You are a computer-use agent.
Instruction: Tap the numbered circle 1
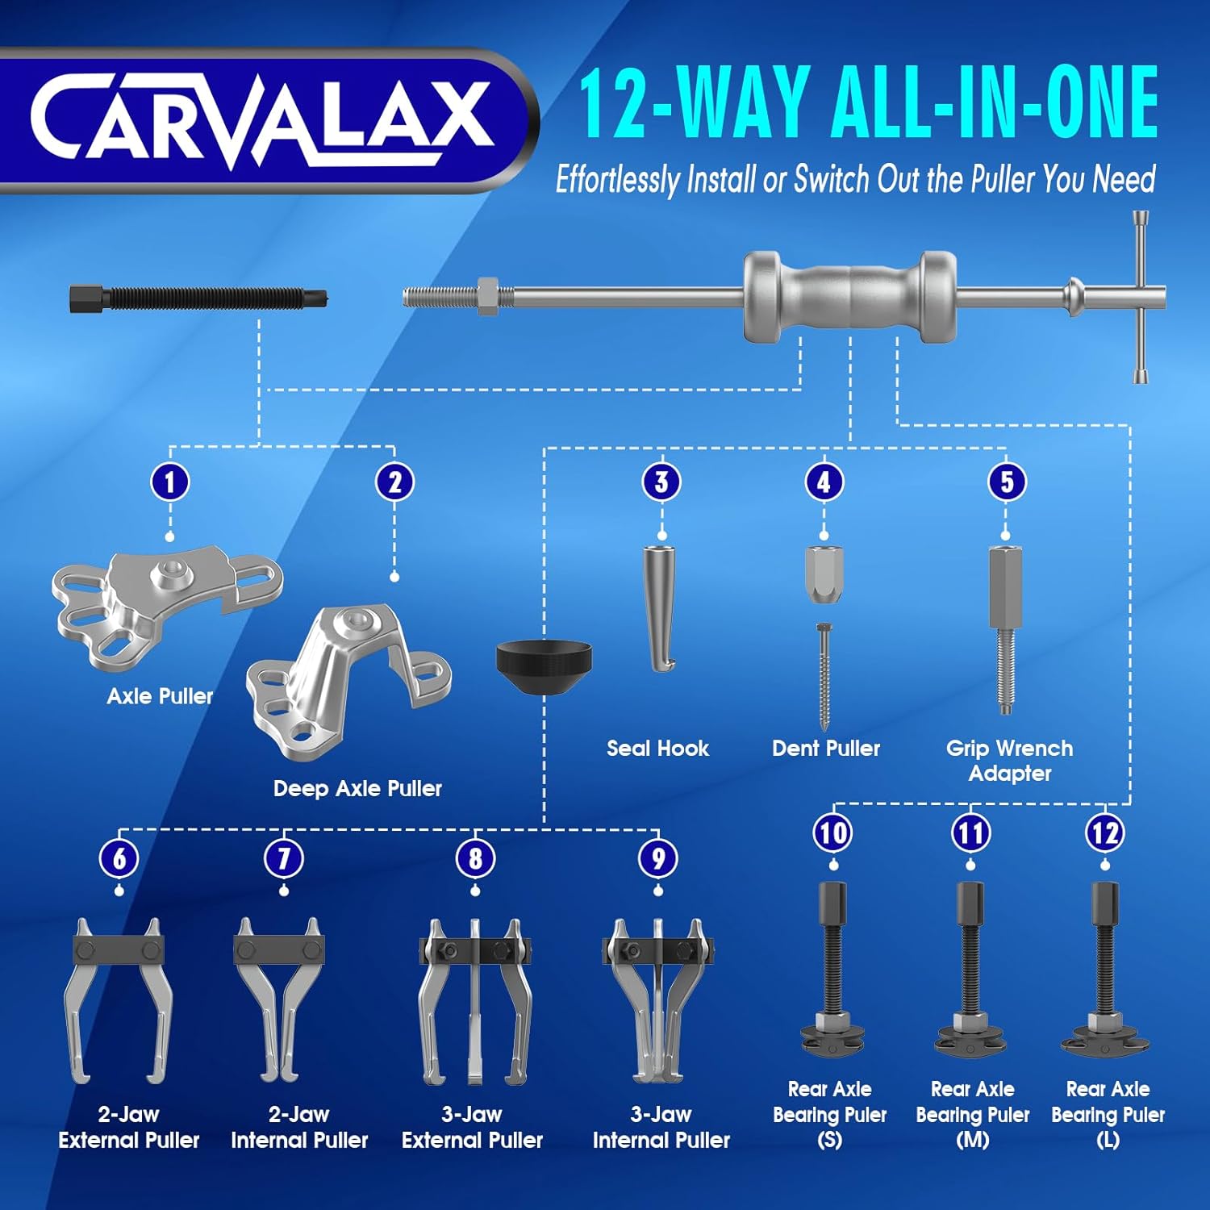click(169, 482)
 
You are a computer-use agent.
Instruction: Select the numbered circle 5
click(1007, 482)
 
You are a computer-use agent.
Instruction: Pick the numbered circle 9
click(658, 858)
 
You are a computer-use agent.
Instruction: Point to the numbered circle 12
click(1105, 832)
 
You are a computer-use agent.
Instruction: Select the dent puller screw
click(824, 677)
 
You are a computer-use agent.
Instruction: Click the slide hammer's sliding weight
click(849, 296)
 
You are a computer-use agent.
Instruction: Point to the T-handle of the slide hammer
click(1141, 297)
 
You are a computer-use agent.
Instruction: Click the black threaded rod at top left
click(198, 298)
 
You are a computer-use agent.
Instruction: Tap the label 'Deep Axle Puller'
click(357, 788)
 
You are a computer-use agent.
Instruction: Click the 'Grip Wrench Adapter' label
click(1010, 760)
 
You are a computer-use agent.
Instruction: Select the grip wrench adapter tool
click(1005, 630)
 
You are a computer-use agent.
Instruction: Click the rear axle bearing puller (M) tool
click(970, 967)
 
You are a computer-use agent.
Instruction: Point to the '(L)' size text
click(1108, 1140)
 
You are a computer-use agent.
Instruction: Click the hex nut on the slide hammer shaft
click(487, 296)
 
